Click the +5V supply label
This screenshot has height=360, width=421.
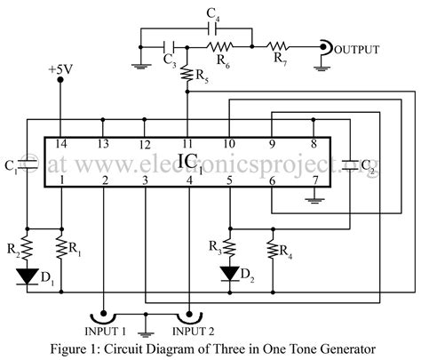pyautogui.click(x=60, y=68)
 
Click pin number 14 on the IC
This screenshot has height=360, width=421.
pyautogui.click(x=60, y=143)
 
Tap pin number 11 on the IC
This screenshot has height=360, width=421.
pyautogui.click(x=187, y=143)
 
